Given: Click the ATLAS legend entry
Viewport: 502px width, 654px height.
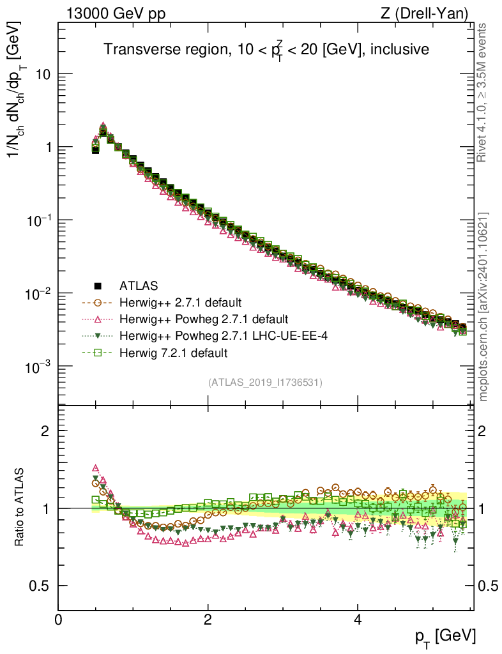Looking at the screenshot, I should [138, 285].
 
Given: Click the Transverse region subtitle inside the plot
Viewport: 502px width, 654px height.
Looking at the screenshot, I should [266, 49].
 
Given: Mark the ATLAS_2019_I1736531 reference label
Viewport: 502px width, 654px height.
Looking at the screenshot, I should [265, 383].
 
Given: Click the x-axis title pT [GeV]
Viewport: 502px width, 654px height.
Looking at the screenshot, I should [445, 636].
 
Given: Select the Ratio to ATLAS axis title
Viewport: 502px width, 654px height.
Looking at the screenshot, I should [20, 508].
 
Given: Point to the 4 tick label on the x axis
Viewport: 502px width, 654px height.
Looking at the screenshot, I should [357, 620].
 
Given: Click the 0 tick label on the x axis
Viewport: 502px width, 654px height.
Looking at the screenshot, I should [59, 620].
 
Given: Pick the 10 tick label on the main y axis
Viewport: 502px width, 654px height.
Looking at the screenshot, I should [42, 74].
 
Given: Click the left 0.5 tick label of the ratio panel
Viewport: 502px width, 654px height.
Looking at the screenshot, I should [40, 586].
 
